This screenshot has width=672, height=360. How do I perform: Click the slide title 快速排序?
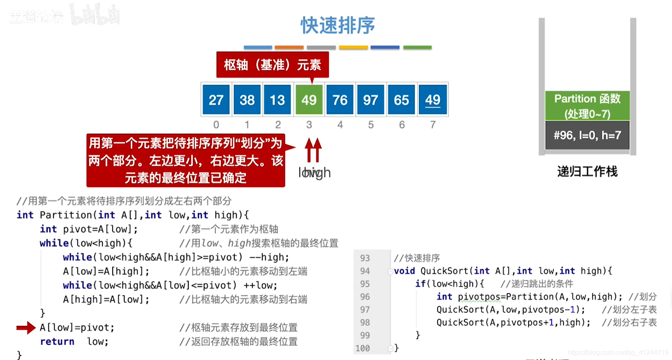pos(337,25)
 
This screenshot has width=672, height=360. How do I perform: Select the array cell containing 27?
pos(216,100)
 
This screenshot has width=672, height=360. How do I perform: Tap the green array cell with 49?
pos(309,100)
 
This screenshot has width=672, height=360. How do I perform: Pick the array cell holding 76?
pos(340,100)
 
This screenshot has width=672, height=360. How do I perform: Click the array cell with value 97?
pos(371,100)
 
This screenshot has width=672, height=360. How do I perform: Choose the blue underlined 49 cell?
pos(432,100)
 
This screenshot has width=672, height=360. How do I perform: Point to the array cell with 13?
pos(277,100)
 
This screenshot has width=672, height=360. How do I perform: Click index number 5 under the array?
pos(371,125)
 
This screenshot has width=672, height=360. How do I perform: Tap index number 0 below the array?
pos(216,125)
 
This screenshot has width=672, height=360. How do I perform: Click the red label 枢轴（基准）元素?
pos(272,65)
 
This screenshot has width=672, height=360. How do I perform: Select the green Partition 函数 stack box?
pos(587,106)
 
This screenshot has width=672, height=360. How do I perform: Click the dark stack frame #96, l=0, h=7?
pos(587,135)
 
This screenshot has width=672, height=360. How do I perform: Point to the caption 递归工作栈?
pos(587,171)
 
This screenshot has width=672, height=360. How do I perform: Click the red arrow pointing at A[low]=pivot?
pos(26,328)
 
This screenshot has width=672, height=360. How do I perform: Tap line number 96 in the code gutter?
pos(365,297)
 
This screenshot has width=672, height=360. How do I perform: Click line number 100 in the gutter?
pos(363,348)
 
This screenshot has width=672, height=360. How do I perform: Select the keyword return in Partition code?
pos(57,342)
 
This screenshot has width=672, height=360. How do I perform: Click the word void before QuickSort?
pos(404,271)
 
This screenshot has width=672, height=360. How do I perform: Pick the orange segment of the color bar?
pos(289,48)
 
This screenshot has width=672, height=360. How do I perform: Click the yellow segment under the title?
pos(353,48)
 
